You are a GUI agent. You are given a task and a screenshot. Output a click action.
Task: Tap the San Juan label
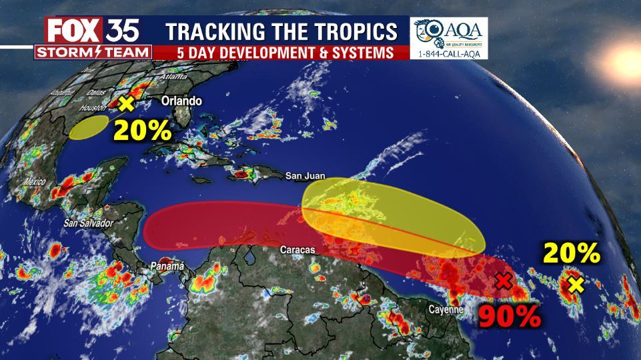[x=305, y=176]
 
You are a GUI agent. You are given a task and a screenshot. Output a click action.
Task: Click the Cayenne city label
[x=446, y=309]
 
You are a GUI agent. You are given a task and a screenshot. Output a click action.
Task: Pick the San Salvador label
[x=88, y=223]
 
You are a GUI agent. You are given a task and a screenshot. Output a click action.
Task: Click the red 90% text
[x=509, y=315]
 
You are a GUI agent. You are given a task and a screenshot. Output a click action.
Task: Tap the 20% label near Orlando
[x=141, y=129]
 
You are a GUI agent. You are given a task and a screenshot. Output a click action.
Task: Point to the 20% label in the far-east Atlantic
[x=572, y=253]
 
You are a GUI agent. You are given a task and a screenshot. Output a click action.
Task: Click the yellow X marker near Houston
[x=125, y=103]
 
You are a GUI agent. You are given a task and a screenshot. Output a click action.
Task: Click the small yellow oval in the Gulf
[x=89, y=127]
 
